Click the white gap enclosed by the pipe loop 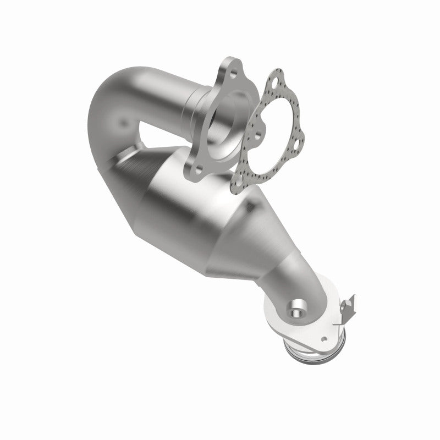[154, 132]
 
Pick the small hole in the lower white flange [325, 339]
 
